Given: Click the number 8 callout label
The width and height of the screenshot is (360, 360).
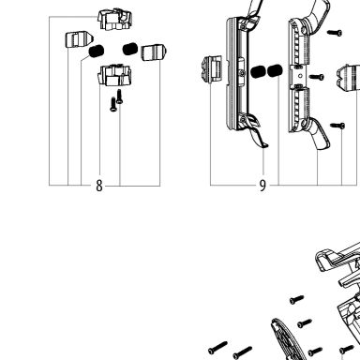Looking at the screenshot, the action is click(x=99, y=186).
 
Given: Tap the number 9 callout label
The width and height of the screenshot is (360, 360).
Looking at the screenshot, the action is click(x=262, y=186).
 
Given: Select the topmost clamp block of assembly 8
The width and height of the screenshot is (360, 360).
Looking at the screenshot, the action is click(x=114, y=20).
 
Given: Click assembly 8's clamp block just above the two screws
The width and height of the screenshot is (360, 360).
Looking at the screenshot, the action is click(x=114, y=75).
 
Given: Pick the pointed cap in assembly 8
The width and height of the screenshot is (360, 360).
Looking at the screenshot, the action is click(x=80, y=39).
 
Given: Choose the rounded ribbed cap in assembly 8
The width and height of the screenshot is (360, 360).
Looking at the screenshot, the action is click(x=154, y=52).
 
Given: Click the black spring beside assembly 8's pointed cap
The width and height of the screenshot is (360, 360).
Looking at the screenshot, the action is click(x=97, y=51).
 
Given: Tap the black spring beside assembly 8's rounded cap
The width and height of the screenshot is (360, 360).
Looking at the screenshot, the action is click(x=130, y=49).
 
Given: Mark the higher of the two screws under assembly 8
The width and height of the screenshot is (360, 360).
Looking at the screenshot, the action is click(x=119, y=97).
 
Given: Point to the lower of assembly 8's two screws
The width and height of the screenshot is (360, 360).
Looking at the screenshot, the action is click(x=113, y=104).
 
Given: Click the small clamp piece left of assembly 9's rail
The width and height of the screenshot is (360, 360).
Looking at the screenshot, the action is click(x=212, y=69).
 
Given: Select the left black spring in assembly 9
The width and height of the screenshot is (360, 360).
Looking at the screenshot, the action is click(x=258, y=71).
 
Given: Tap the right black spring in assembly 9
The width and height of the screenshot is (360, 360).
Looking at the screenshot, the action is click(x=275, y=70).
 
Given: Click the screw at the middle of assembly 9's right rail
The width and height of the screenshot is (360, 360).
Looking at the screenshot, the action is click(x=317, y=77).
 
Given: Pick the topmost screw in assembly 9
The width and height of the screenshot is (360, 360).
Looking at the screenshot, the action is click(x=335, y=33).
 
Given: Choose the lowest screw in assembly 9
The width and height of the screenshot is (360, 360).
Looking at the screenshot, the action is click(x=337, y=126).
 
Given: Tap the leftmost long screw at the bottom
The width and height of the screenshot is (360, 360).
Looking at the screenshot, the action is click(x=217, y=348).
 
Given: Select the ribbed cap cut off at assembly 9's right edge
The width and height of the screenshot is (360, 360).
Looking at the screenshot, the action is click(x=349, y=78).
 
